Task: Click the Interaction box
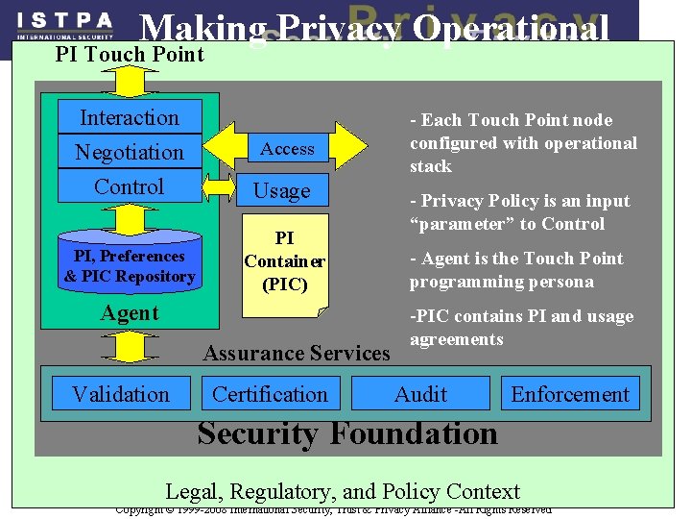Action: (130, 117)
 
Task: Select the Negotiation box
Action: (130, 152)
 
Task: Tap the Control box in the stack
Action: (130, 186)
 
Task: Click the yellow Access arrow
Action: (287, 148)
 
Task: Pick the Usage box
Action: (281, 190)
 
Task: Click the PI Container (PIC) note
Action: (284, 260)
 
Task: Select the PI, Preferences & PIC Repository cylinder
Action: (130, 263)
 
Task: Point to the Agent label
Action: (130, 313)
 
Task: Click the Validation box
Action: (120, 394)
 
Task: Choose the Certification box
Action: (270, 394)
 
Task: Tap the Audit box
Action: (420, 394)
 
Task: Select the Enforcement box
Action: (570, 394)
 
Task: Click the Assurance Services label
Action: (297, 353)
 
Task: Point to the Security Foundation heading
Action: (347, 433)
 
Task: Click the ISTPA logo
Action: (65, 23)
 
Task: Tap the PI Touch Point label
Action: (130, 54)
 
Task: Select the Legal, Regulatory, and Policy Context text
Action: (343, 491)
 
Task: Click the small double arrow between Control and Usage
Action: (219, 187)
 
